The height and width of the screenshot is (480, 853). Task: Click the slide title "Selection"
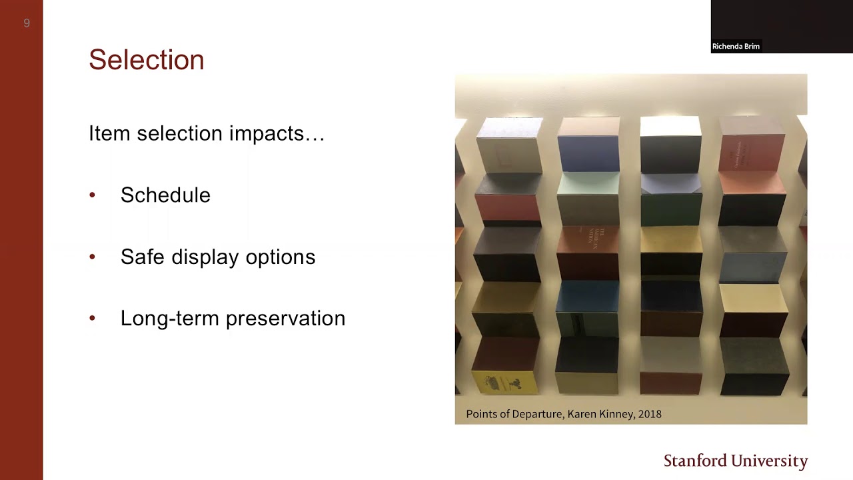(x=146, y=60)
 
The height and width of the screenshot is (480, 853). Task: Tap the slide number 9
(x=27, y=23)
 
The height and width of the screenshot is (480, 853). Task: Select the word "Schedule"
(x=165, y=195)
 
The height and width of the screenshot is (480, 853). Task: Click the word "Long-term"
(x=170, y=319)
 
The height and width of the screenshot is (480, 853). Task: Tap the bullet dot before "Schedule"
(x=93, y=195)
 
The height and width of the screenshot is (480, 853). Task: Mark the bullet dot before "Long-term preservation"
(x=93, y=319)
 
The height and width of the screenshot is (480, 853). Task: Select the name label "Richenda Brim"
(x=736, y=47)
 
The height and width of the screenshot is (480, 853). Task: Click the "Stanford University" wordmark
(x=736, y=461)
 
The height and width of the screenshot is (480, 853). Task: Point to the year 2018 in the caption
(x=650, y=414)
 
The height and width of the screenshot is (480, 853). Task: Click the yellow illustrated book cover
(x=505, y=383)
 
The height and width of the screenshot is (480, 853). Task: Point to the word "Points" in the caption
(x=482, y=414)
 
